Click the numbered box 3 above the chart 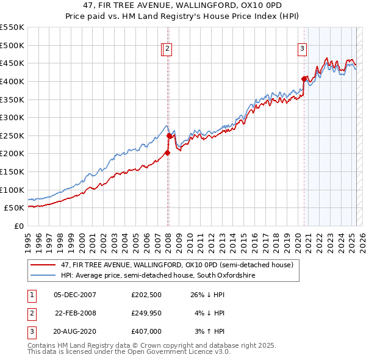pyautogui.click(x=302, y=50)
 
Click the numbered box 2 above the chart pyautogui.click(x=167, y=50)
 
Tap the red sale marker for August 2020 pyautogui.click(x=304, y=79)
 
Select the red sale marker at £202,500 pyautogui.click(x=167, y=153)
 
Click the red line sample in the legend pyautogui.click(x=43, y=265)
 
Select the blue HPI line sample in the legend pyautogui.click(x=43, y=276)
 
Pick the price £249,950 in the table pyautogui.click(x=146, y=314)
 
